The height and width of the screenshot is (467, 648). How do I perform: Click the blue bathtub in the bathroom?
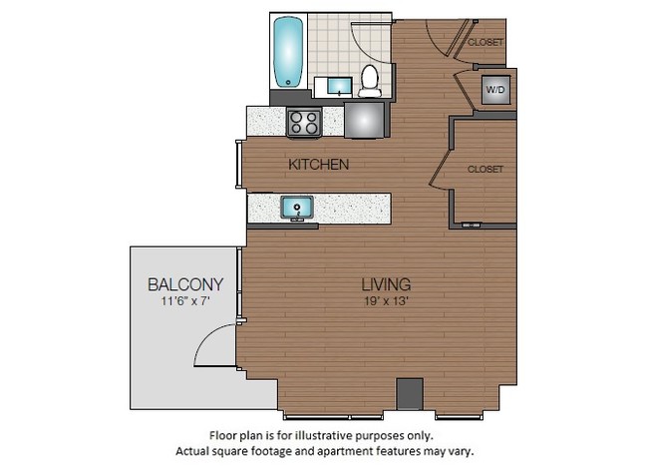[x=289, y=52]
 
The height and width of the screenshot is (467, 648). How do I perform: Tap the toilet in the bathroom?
[x=370, y=80]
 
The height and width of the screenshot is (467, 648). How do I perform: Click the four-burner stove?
[x=304, y=123]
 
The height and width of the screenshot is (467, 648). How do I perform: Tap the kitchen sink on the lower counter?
[x=296, y=208]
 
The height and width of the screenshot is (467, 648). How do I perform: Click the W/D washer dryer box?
[x=494, y=89]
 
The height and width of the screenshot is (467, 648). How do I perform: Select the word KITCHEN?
[x=318, y=164]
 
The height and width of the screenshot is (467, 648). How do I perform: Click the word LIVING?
[x=388, y=283]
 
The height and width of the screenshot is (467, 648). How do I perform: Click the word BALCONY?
[x=185, y=282]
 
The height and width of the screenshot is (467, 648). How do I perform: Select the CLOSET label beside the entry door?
[x=486, y=42]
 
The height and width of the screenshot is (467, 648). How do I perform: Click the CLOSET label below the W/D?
[x=486, y=170]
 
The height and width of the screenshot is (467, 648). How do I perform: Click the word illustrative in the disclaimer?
[x=343, y=435]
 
